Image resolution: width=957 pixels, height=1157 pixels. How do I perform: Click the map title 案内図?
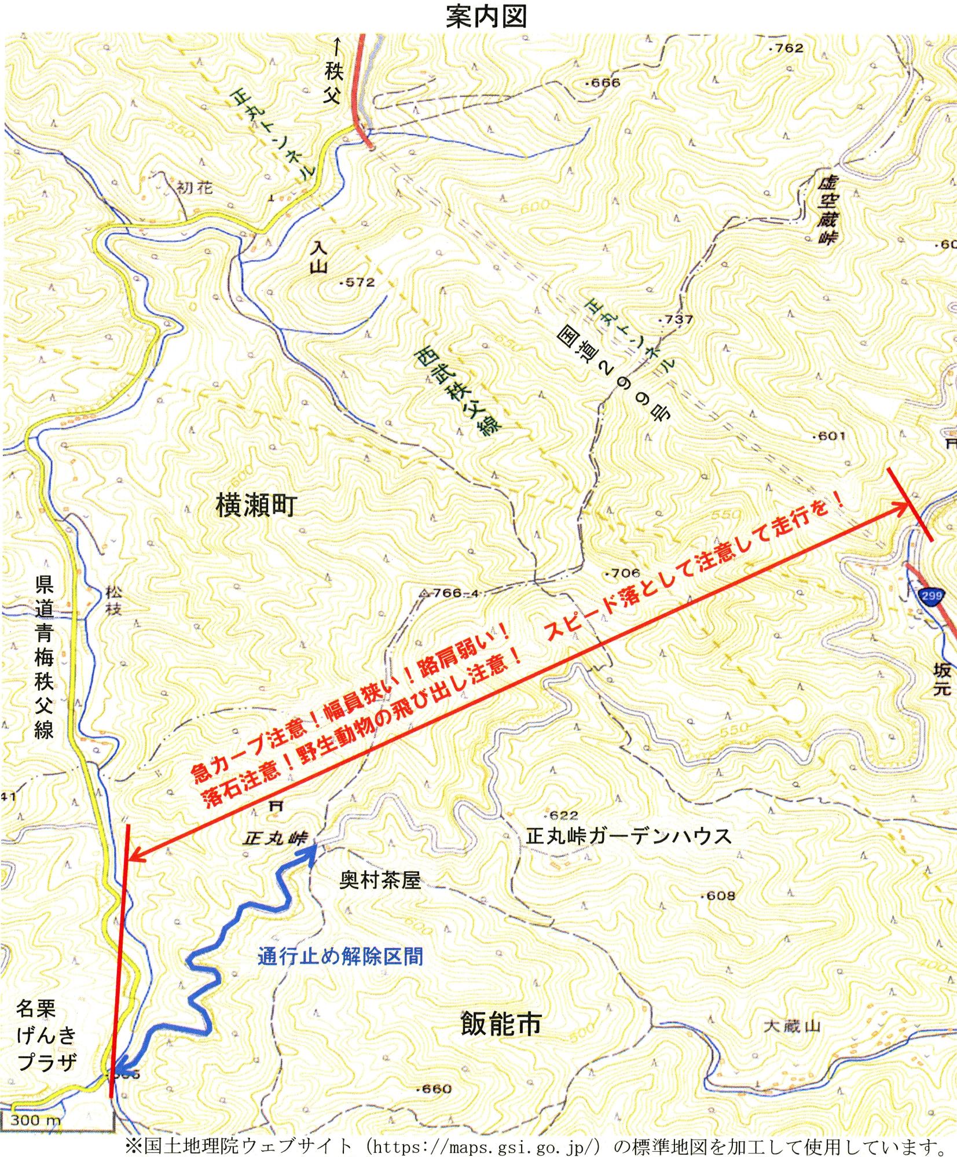[486, 17]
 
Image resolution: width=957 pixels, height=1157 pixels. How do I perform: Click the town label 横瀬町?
[255, 505]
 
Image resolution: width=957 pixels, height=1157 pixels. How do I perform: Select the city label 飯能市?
[501, 1023]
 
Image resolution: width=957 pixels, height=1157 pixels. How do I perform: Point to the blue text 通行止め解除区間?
[340, 956]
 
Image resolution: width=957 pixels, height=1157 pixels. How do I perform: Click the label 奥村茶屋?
[380, 880]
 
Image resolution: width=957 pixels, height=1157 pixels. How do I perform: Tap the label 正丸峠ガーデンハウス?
[629, 836]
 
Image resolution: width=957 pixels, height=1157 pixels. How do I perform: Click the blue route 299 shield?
[931, 596]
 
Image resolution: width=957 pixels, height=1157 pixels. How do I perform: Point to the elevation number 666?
[604, 83]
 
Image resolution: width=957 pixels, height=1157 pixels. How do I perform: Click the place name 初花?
[195, 188]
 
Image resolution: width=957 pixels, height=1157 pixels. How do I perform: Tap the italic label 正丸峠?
[276, 838]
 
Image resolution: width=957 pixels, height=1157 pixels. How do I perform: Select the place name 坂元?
[942, 679]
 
